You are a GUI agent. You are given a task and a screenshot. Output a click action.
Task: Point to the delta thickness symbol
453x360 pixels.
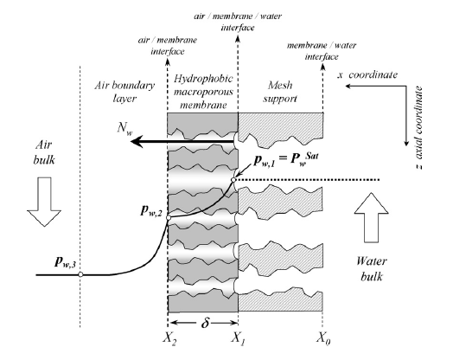tap(205, 322)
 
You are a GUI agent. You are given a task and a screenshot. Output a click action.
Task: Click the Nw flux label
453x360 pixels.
tap(124, 128)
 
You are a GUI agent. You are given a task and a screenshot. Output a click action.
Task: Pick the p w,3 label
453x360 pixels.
tap(65, 262)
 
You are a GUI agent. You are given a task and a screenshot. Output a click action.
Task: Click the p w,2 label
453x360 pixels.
tap(150, 211)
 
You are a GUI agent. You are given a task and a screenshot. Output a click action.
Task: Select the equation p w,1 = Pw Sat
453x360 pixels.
tap(286, 159)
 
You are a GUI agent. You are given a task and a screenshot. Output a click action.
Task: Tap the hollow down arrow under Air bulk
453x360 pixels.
tap(44, 202)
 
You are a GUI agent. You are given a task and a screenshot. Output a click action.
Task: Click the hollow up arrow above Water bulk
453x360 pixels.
tap(371, 217)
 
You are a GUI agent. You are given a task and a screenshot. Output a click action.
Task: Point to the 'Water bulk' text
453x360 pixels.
tap(372, 269)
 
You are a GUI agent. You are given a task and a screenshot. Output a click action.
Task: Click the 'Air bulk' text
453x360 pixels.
tap(44, 152)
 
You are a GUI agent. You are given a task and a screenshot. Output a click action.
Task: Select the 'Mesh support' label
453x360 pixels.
tap(279, 92)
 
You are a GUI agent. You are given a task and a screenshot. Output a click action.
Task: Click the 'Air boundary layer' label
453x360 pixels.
tap(124, 92)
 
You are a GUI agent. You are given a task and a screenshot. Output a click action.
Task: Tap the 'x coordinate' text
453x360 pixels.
tap(367, 75)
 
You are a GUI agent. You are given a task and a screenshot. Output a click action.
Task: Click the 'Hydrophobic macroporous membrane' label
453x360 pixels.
tap(203, 92)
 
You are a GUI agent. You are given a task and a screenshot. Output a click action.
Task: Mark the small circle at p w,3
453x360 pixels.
tap(80, 274)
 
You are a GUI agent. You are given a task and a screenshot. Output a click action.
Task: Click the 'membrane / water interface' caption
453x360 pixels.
tap(322, 51)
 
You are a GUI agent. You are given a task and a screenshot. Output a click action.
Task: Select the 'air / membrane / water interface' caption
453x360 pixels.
tap(238, 22)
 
